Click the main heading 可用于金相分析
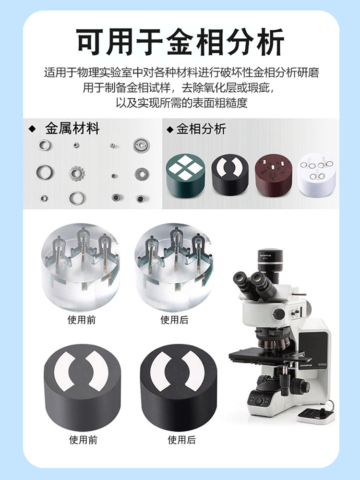180,42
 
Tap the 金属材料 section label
72,128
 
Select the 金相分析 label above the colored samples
201,129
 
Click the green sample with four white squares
185,175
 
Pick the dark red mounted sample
274,175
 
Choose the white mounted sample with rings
317,175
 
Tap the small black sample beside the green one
230,175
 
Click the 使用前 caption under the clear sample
82,320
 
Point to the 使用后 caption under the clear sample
175,320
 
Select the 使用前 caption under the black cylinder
83,440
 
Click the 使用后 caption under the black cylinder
181,440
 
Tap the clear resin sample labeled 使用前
81,267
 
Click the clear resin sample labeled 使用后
174,267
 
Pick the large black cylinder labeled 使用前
82,387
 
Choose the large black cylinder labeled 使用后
179,387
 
